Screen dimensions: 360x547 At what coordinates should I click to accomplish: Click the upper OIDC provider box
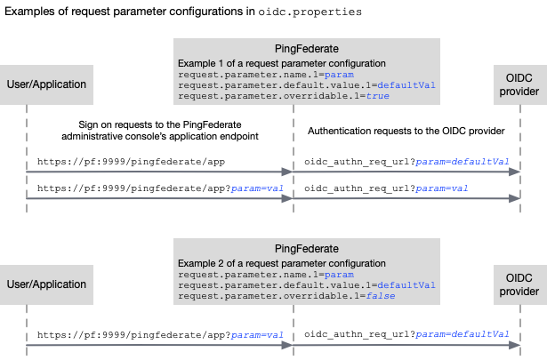click(519, 84)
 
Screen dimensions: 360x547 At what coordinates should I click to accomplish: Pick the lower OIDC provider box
click(519, 284)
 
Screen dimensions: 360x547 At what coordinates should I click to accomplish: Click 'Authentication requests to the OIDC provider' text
click(406, 131)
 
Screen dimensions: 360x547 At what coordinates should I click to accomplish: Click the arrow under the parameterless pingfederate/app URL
click(160, 172)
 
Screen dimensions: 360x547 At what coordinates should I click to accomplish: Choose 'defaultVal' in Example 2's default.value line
click(406, 285)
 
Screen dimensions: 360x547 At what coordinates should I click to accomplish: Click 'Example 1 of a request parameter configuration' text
click(282, 64)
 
